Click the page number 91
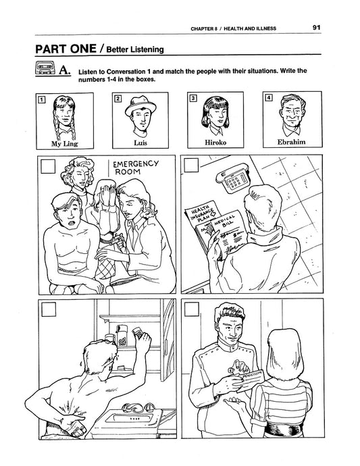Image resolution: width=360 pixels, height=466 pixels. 316,27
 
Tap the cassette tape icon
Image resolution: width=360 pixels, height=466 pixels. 45,68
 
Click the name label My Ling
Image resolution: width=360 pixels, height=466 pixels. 65,144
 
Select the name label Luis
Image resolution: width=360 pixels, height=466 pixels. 140,143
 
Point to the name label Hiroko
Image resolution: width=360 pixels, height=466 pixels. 215,143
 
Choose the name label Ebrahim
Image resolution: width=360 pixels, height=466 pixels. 291,142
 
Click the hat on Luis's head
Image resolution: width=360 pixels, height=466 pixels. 140,106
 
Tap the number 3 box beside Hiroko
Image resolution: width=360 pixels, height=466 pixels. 193,98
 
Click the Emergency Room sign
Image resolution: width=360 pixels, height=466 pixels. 135,167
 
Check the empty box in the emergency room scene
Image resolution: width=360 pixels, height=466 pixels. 48,166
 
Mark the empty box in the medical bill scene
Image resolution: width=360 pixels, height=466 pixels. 191,165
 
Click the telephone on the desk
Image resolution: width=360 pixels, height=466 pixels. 233,178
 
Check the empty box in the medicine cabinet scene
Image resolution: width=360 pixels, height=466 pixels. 49,309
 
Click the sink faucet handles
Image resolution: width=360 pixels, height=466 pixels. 138,407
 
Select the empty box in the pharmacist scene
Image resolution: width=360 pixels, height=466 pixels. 192,309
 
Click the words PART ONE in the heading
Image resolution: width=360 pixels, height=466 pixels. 66,49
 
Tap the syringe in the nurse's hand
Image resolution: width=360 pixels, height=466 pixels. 114,240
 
